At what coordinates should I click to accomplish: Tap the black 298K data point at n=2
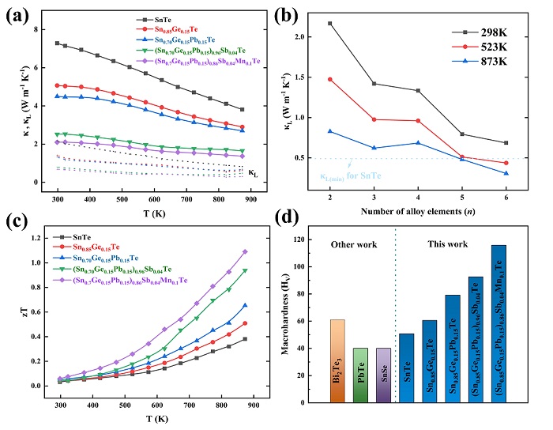tap(329, 24)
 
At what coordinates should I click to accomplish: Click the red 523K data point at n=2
tap(329, 79)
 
